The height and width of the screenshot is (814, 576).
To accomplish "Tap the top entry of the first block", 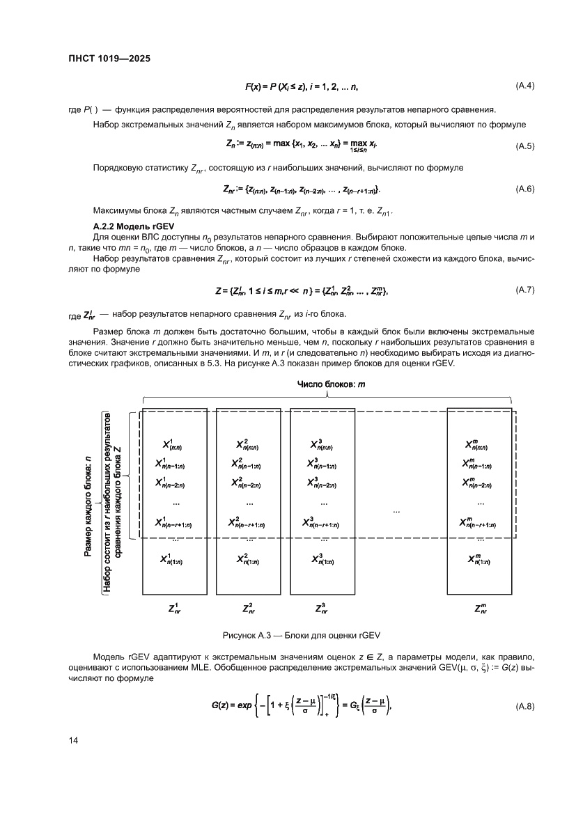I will (x=174, y=444).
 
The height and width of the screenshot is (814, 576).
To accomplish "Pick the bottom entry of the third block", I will (x=321, y=558).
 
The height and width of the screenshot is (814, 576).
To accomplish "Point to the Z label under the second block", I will (x=248, y=608).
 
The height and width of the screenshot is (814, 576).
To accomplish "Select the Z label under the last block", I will (x=480, y=608).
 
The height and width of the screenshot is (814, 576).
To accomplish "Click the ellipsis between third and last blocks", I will (x=396, y=511).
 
